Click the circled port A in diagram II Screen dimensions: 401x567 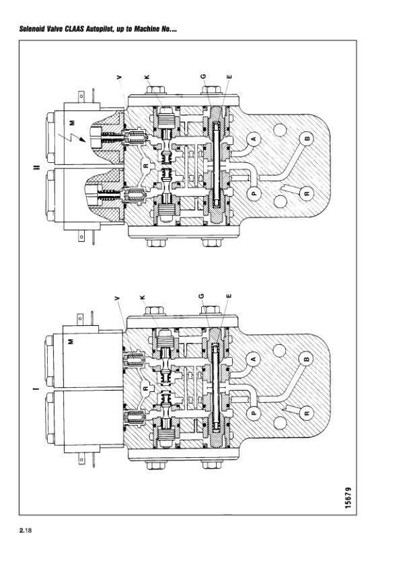click(254, 139)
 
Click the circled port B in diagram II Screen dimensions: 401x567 click(307, 139)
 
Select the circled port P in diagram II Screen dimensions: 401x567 click(254, 193)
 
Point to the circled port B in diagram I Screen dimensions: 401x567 click(306, 359)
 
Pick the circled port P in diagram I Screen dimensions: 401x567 click(254, 413)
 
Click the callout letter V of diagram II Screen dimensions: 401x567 click(120, 77)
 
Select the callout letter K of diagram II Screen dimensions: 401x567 click(147, 77)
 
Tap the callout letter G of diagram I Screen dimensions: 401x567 click(201, 296)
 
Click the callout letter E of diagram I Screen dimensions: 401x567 click(228, 296)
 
